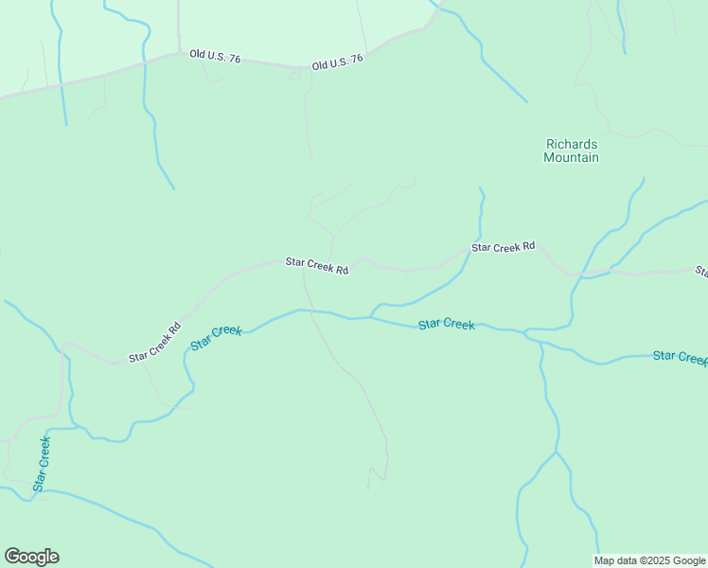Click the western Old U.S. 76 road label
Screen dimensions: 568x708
point(215,57)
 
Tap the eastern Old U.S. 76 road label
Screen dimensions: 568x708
point(338,62)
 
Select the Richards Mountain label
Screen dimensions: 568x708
point(571,151)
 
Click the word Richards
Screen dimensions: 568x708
point(571,144)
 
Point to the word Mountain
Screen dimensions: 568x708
point(571,158)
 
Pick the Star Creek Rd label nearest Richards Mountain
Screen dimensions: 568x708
point(504,247)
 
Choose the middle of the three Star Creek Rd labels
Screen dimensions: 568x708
point(318,266)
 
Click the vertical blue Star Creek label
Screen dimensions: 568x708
point(43,464)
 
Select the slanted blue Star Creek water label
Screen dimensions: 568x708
point(216,337)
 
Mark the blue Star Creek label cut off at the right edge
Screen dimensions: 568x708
point(680,357)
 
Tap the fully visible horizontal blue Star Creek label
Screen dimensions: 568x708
point(446,325)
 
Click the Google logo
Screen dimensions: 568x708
point(31,557)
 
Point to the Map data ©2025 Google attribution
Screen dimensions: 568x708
point(650,560)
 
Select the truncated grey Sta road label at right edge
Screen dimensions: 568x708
point(701,273)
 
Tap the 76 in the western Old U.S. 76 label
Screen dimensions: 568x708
point(234,59)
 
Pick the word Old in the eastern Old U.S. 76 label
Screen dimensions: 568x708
point(321,64)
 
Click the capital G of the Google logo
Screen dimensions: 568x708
point(11,557)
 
